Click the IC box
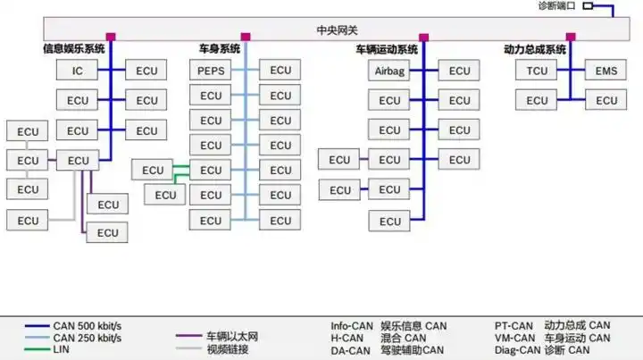tap(78, 70)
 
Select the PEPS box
tap(211, 70)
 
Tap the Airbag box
tap(389, 71)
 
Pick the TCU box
tap(537, 71)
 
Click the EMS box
tap(606, 71)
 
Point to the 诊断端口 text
tap(557, 6)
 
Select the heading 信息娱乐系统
tap(73, 49)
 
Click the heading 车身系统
tap(220, 49)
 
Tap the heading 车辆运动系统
tap(387, 49)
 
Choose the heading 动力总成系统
tap(535, 49)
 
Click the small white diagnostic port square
tap(588, 6)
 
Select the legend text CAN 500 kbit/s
tap(87, 326)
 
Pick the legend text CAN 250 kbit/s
tap(87, 338)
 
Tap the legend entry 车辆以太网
tap(231, 337)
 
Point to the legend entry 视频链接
tap(228, 348)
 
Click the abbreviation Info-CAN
tap(352, 326)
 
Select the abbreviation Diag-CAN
tap(515, 349)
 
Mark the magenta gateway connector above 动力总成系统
tap(571, 37)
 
